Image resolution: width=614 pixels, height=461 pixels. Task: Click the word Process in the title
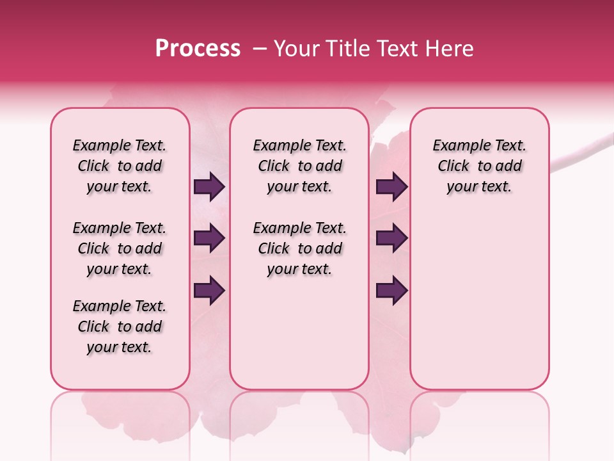coord(198,48)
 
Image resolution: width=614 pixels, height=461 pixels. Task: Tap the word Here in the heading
coord(450,48)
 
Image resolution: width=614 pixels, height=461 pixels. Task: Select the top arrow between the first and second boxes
coord(209,187)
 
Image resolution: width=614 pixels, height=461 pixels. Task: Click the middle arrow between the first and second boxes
coord(209,239)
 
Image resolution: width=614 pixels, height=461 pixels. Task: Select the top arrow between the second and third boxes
coord(391,187)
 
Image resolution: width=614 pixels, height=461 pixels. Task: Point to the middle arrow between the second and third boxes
coord(391,239)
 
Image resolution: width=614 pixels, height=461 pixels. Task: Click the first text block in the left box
coord(120,166)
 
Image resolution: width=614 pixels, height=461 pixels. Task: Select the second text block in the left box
coord(120,248)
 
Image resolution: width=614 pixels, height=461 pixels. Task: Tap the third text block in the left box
coord(120,327)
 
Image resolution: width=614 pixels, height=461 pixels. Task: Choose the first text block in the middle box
coord(299,166)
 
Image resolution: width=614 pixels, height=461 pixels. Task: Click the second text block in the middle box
coord(299,248)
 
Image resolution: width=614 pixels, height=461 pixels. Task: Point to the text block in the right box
coord(480,166)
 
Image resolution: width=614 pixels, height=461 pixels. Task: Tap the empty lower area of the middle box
coord(299,333)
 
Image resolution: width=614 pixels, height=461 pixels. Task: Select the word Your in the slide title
coord(296,48)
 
